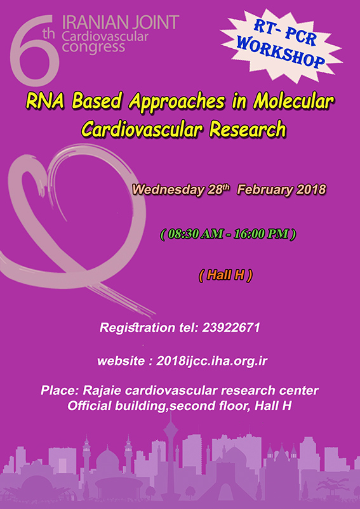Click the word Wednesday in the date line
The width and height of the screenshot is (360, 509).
(168, 190)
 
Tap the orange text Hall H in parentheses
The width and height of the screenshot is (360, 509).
(225, 275)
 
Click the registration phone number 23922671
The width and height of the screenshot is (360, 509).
(231, 327)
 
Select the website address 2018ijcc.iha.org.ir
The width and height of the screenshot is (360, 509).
(212, 361)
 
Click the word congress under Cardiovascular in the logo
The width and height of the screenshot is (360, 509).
(93, 48)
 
